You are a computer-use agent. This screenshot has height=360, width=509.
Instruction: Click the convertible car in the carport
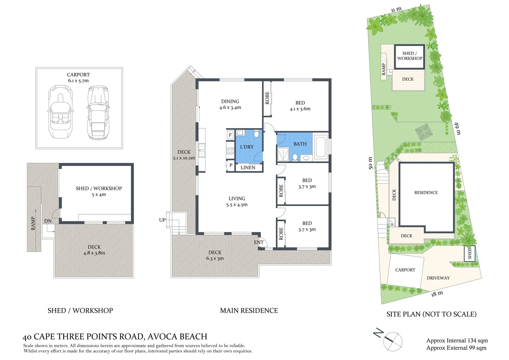pyautogui.click(x=61, y=112)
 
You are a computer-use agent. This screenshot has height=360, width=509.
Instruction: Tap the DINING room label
pyautogui.click(x=230, y=101)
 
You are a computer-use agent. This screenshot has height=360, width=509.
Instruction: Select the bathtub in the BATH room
pyautogui.click(x=321, y=147)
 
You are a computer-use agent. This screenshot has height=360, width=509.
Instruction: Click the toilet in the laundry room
pyautogui.click(x=256, y=134)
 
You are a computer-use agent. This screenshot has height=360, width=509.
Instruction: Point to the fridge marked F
pyautogui.click(x=230, y=135)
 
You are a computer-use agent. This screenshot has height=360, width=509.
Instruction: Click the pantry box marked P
pyautogui.click(x=231, y=165)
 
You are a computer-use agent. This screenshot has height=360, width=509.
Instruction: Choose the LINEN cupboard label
pyautogui.click(x=248, y=168)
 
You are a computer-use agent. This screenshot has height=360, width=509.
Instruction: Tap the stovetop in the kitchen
pyautogui.click(x=230, y=151)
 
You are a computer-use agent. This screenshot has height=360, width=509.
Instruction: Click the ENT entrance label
pyautogui.click(x=259, y=242)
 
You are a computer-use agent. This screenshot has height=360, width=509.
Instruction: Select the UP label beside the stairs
pyautogui.click(x=162, y=220)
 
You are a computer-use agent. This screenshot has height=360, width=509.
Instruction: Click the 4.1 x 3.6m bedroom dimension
pyautogui.click(x=300, y=109)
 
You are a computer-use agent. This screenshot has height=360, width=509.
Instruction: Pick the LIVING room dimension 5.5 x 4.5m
pyautogui.click(x=237, y=205)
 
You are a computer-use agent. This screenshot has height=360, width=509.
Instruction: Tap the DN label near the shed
pyautogui.click(x=48, y=221)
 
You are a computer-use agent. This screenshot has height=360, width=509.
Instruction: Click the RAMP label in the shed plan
pyautogui.click(x=33, y=223)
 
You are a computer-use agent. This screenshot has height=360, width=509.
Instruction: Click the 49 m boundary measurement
pyautogui.click(x=458, y=128)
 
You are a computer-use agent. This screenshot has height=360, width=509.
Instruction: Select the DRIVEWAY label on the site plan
pyautogui.click(x=438, y=278)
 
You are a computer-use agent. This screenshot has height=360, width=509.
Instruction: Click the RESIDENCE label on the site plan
pyautogui.click(x=426, y=193)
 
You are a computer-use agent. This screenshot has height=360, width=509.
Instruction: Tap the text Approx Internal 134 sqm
pyautogui.click(x=457, y=340)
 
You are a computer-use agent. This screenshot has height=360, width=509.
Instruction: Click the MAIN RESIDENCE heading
pyautogui.click(x=249, y=311)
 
